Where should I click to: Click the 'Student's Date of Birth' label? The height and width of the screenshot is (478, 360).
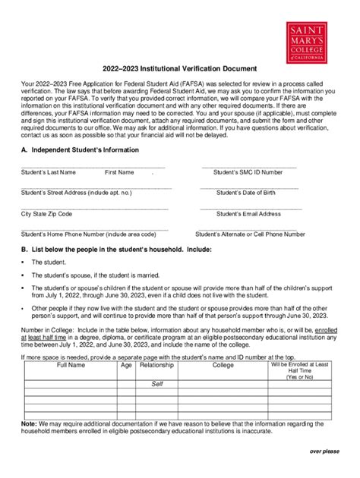coord(246,193)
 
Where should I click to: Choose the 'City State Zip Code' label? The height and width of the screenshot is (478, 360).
coord(47,215)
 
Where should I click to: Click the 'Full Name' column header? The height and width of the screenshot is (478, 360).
coord(71,365)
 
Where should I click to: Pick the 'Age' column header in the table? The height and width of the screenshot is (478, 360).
coord(126,365)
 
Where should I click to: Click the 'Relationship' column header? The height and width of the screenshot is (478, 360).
coord(157,365)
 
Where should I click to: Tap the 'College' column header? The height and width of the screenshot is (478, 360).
coord(223,365)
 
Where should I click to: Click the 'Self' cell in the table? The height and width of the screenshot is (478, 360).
coord(157,384)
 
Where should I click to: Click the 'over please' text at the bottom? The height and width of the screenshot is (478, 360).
coord(324,451)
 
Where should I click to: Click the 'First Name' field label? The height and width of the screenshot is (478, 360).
coord(120,173)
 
